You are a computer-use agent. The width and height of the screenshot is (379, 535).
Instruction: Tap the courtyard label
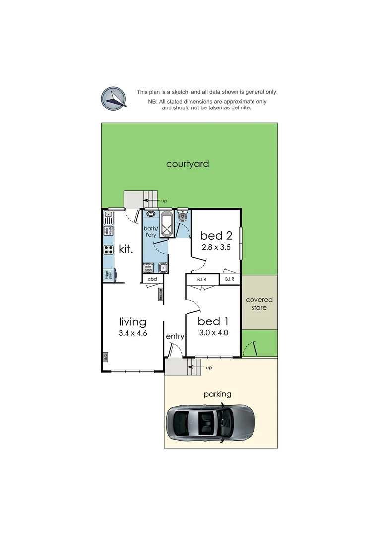[x=187, y=164]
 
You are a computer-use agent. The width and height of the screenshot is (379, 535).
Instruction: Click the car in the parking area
[x=211, y=423]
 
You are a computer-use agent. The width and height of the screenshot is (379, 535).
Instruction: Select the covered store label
[x=259, y=304]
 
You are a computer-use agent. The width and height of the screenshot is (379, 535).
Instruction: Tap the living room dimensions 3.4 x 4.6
[x=132, y=333]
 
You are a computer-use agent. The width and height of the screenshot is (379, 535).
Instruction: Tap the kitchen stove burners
[x=109, y=250]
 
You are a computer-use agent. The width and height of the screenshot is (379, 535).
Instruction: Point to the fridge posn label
[x=107, y=275]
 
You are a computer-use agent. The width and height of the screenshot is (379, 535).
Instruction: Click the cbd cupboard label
[x=152, y=280]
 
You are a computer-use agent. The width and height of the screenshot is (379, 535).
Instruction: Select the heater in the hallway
[x=161, y=294]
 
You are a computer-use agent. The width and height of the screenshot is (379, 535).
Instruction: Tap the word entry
[x=175, y=336]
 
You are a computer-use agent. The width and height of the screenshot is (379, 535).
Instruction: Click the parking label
[x=217, y=394]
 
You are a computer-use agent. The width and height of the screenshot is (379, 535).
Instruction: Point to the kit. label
[x=126, y=249]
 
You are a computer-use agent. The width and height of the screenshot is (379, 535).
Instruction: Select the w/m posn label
[x=148, y=268]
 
